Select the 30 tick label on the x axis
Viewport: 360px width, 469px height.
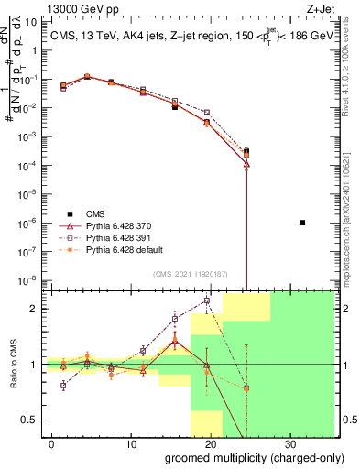point(289,442)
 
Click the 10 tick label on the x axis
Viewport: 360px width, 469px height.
point(130,442)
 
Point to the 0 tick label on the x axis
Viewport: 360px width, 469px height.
point(51,442)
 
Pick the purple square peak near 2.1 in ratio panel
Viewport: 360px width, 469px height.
point(207,300)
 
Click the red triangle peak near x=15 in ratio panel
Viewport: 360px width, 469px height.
point(175,340)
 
